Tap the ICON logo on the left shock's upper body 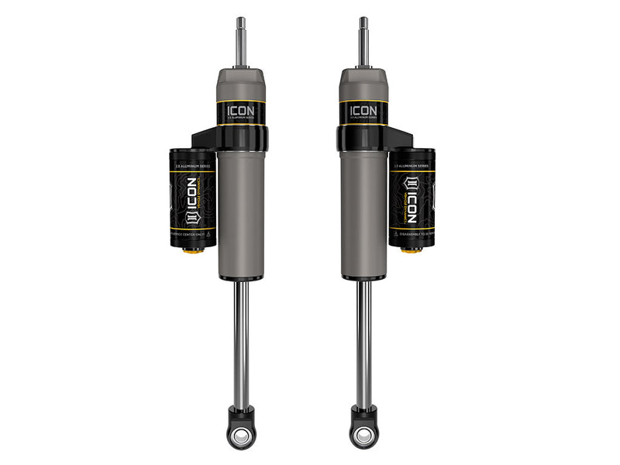pyautogui.click(x=241, y=111)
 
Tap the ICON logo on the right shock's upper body pyautogui.click(x=363, y=110)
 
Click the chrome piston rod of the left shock pyautogui.click(x=242, y=341)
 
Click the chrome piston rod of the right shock pyautogui.click(x=363, y=341)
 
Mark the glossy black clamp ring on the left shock pyautogui.click(x=242, y=139)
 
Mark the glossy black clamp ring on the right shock pyautogui.click(x=363, y=139)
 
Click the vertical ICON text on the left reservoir pyautogui.click(x=190, y=201)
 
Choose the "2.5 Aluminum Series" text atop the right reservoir pyautogui.click(x=412, y=166)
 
